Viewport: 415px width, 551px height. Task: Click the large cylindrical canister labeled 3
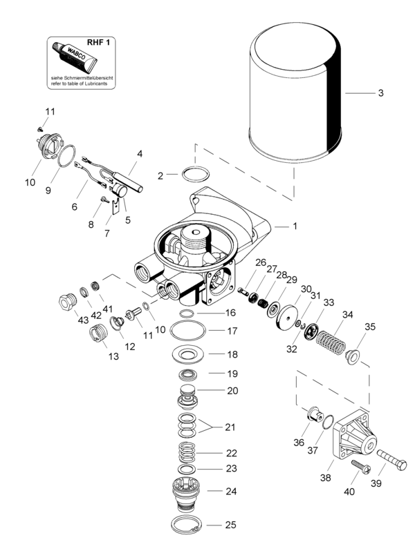coord(295,93)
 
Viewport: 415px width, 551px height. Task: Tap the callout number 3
coord(380,93)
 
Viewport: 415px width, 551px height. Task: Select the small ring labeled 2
coord(195,175)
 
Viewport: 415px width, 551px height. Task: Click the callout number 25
coord(230,525)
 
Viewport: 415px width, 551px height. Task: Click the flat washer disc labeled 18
coord(190,356)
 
